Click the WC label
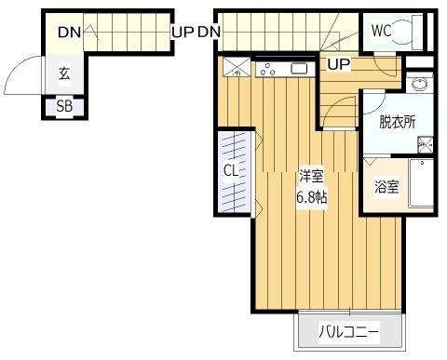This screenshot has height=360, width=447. pos(381,31)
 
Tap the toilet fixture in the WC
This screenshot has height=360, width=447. pos(410,31)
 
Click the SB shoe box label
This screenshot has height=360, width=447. pos(64,106)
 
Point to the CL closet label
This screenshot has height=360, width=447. pos(230,171)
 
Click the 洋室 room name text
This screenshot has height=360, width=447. pos(311,177)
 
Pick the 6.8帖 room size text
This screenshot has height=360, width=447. pos(311,196)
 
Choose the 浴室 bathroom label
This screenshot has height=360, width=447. pos(386,186)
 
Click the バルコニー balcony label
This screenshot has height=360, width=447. pos(348,330)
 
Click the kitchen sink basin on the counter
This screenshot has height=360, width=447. pos(299,68)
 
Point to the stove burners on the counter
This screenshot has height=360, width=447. pos(269,68)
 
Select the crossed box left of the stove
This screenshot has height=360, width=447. pos(235,66)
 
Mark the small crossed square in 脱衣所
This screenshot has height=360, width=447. pos(425,144)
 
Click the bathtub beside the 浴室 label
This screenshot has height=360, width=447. pos(422,185)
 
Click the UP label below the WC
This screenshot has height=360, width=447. pos(338,65)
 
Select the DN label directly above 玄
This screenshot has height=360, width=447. pos(68,33)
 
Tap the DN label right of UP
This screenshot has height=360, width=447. pos(209,33)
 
